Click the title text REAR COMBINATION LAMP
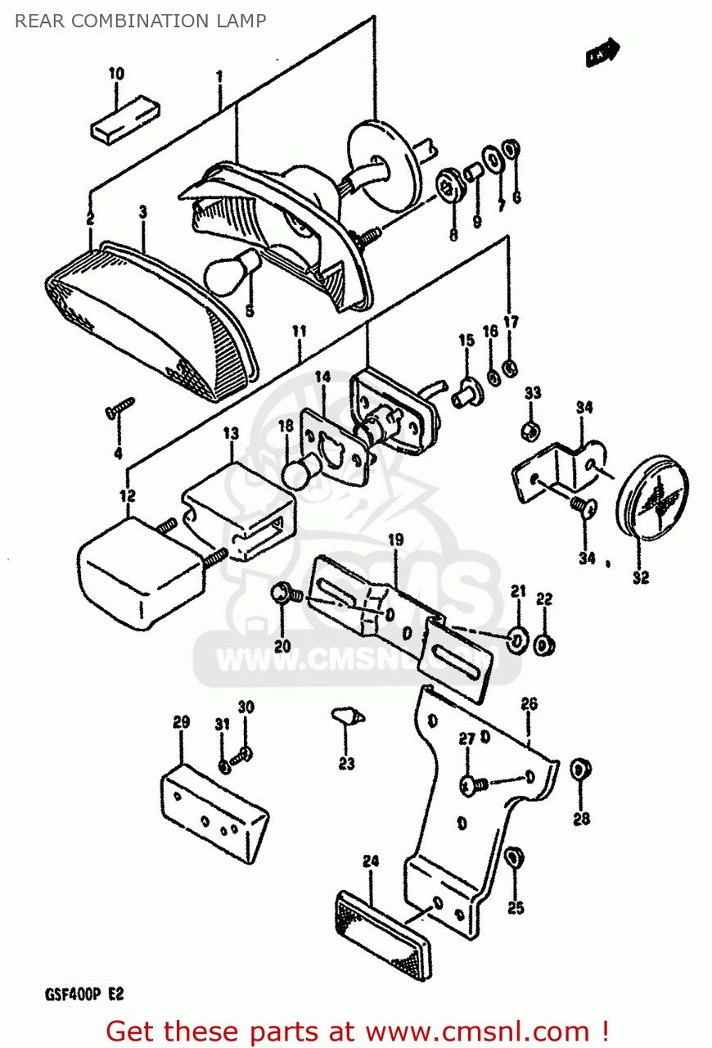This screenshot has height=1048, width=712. click(x=140, y=21)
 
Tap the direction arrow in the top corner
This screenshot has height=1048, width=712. click(x=603, y=53)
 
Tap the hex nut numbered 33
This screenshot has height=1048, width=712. click(x=529, y=429)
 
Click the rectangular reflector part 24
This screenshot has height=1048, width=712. click(x=385, y=933)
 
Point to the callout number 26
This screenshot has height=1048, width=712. click(x=529, y=704)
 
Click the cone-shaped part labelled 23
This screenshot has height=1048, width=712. click(x=346, y=716)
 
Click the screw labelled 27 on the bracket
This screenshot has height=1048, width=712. click(x=472, y=785)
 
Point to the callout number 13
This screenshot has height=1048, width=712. click(x=231, y=431)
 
